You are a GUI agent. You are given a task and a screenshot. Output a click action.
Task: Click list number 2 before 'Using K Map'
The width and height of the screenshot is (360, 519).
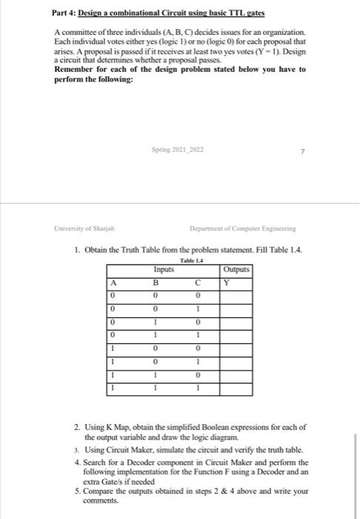[x=76, y=428]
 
